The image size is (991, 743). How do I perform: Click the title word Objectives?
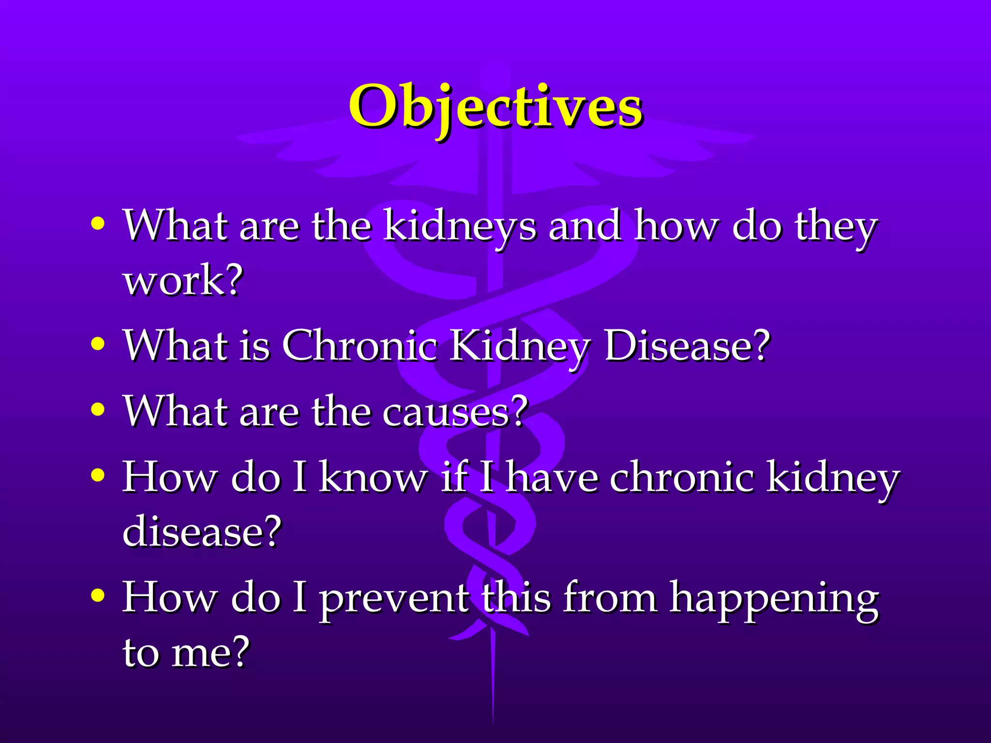tap(495, 107)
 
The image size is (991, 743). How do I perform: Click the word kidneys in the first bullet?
tap(460, 226)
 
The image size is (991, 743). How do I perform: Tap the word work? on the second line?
tap(183, 281)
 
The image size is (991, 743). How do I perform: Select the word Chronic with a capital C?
tap(360, 346)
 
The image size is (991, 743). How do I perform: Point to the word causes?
tap(455, 412)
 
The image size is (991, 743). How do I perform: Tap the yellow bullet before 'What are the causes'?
tap(98, 409)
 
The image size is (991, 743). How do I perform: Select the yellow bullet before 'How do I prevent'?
tap(98, 595)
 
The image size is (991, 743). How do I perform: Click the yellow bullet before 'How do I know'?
tap(98, 475)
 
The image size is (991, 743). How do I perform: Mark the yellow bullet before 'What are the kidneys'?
tap(98, 223)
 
